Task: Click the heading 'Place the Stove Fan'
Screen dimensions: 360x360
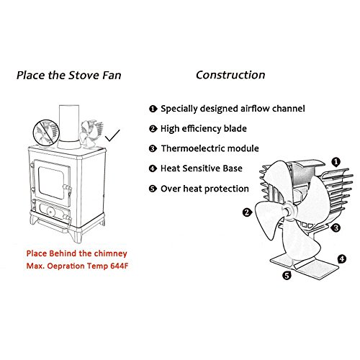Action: pyautogui.click(x=69, y=76)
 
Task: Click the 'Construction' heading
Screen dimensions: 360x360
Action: pyautogui.click(x=230, y=75)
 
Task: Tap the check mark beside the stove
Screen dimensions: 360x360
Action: pyautogui.click(x=112, y=135)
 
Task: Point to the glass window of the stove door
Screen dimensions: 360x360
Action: pyautogui.click(x=51, y=183)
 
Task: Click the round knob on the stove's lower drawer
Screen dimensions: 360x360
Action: pyautogui.click(x=50, y=212)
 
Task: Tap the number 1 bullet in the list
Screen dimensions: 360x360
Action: pyautogui.click(x=153, y=109)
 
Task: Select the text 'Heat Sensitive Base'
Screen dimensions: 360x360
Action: pyautogui.click(x=202, y=168)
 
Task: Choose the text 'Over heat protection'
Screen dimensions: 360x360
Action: pyautogui.click(x=204, y=189)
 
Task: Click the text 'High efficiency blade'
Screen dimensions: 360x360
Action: pyautogui.click(x=204, y=129)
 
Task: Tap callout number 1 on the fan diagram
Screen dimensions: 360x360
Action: pyautogui.click(x=336, y=162)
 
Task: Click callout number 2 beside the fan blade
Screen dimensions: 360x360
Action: pyautogui.click(x=247, y=212)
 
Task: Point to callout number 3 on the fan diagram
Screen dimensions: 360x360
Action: pyautogui.click(x=336, y=228)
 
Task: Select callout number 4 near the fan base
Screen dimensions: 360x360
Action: pyautogui.click(x=342, y=259)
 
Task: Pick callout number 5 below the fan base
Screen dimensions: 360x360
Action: pyautogui.click(x=287, y=275)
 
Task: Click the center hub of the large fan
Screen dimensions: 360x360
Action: pyautogui.click(x=288, y=210)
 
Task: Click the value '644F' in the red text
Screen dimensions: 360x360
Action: pyautogui.click(x=120, y=266)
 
